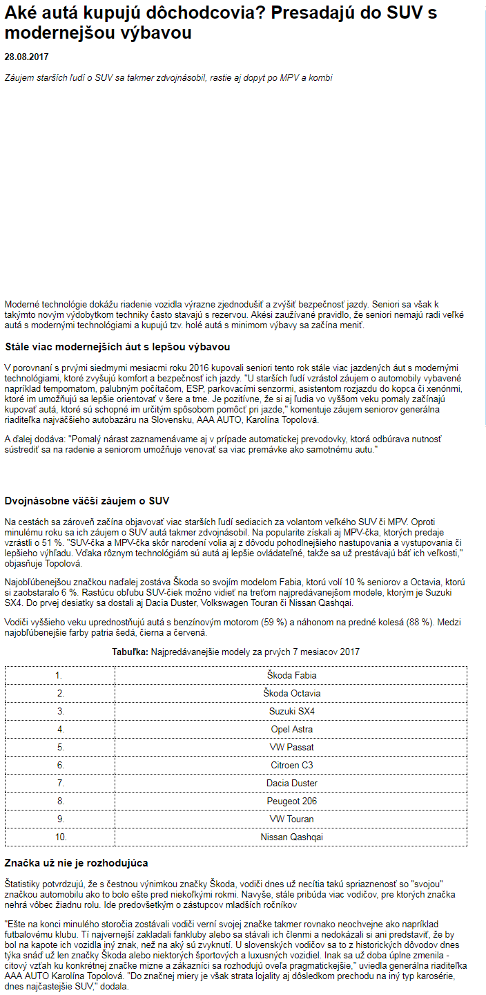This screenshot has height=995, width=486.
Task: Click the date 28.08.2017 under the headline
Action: [26, 57]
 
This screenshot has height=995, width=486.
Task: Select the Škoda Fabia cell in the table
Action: [291, 675]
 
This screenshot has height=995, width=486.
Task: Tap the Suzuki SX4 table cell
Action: [291, 711]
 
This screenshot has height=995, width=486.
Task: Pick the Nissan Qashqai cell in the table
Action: [291, 837]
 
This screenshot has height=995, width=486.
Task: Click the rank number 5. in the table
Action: [60, 747]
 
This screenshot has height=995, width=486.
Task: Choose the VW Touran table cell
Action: [291, 819]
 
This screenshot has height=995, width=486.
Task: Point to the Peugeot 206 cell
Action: [291, 801]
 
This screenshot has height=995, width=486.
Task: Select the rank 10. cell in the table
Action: [60, 837]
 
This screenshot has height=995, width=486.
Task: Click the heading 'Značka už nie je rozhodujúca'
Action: [77, 863]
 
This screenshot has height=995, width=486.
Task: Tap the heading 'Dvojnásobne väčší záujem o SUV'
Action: [87, 501]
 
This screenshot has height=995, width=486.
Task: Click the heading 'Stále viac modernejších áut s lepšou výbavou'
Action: [117, 347]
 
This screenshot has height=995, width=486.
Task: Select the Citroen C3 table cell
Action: [291, 765]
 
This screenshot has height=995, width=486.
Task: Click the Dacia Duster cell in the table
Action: [291, 783]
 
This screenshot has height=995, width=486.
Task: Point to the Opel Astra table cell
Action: [291, 729]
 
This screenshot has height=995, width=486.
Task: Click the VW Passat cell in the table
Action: [291, 747]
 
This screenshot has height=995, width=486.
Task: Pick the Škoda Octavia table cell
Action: [291, 693]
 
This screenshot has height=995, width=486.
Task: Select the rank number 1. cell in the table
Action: [60, 675]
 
